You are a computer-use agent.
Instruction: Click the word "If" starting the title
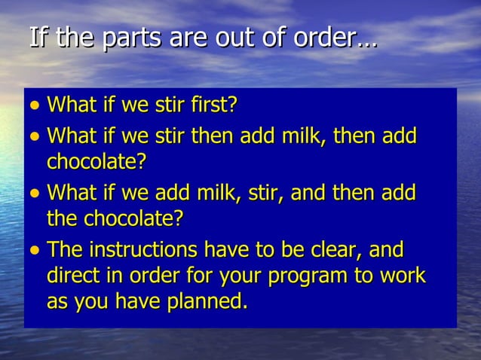(x=38, y=38)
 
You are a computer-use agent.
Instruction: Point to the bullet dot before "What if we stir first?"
(x=35, y=106)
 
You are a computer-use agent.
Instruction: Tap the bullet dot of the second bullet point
(x=35, y=139)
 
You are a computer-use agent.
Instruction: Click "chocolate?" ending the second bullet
(x=96, y=162)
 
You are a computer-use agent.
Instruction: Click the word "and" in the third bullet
(x=310, y=194)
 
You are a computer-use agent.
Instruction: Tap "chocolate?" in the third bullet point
(x=135, y=218)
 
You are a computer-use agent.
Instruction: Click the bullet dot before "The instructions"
(x=35, y=252)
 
